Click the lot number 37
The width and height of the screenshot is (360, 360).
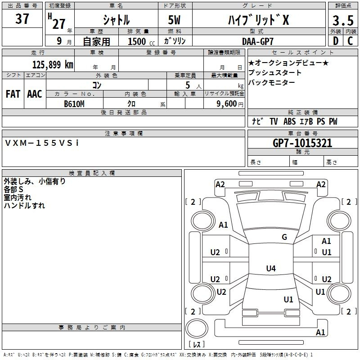click(x=22, y=20)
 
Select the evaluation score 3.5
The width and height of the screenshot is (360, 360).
click(x=342, y=21)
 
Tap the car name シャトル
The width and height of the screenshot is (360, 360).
click(x=116, y=20)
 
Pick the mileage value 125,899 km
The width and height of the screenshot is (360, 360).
click(x=53, y=64)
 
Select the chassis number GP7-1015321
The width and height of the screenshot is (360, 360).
click(x=302, y=144)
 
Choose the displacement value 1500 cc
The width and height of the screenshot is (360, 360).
click(x=137, y=41)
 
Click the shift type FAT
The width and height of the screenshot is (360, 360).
click(x=13, y=94)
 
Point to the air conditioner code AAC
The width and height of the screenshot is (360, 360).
click(x=34, y=94)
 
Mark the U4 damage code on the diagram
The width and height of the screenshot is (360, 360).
click(x=270, y=269)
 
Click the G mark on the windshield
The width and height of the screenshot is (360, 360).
click(x=284, y=237)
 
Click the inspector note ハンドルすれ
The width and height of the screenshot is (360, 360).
click(x=24, y=206)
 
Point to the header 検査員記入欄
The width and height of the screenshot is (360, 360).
click(x=92, y=173)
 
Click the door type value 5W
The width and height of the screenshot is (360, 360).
click(x=175, y=20)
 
